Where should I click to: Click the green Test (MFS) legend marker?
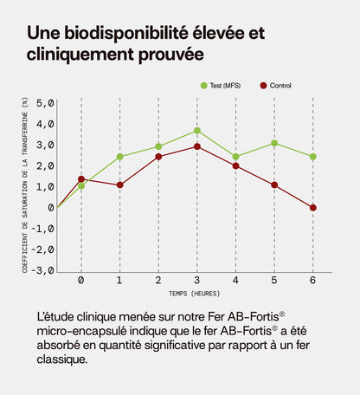(x=204, y=85)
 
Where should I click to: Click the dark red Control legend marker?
(x=264, y=85)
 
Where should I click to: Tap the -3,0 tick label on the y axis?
(x=42, y=270)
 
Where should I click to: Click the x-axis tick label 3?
(x=197, y=281)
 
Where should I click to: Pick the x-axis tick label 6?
(x=312, y=281)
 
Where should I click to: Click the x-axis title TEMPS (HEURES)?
(x=196, y=295)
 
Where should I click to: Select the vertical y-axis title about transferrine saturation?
(x=26, y=186)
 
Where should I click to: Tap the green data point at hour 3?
(x=197, y=131)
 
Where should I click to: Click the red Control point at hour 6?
(x=312, y=208)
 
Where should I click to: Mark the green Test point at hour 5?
(x=274, y=143)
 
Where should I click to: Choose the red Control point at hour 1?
(x=119, y=185)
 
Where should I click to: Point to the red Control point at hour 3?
(x=197, y=146)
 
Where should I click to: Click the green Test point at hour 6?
(x=312, y=157)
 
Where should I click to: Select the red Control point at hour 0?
(x=81, y=179)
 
